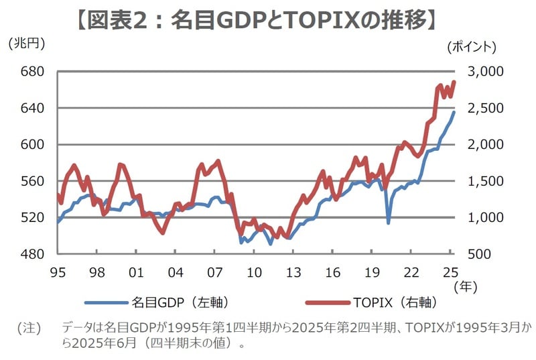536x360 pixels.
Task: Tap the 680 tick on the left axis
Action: click(33, 72)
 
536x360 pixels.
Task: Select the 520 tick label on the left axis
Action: click(33, 218)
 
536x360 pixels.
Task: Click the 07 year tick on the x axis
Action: click(214, 272)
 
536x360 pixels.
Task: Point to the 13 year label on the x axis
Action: click(293, 272)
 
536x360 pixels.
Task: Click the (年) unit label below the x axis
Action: click(465, 287)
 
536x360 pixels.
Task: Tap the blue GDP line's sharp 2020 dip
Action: click(389, 222)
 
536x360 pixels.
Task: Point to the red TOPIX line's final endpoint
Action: click(454, 82)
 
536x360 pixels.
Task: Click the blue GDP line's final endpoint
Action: click(454, 112)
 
